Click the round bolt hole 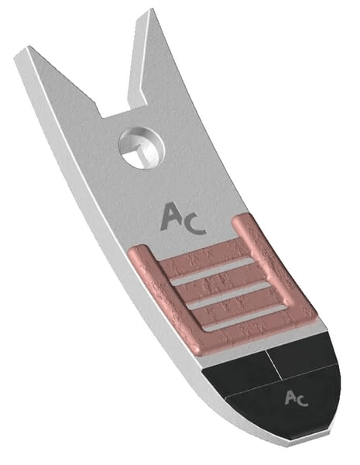pos(142,148)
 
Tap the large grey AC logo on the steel pos(182,219)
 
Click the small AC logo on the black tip pos(296,398)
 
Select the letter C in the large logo pos(194,226)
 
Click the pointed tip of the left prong pos(28,46)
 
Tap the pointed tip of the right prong pos(153,9)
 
